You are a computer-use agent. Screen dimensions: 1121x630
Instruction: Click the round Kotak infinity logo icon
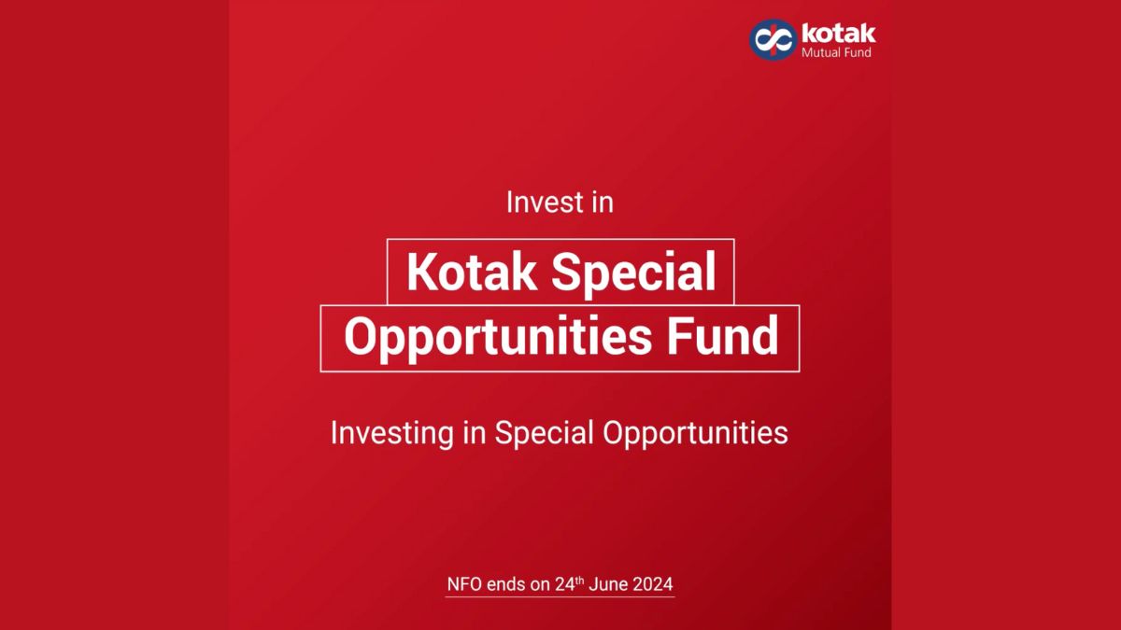coord(773,39)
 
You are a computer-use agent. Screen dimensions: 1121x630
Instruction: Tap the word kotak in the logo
coord(838,33)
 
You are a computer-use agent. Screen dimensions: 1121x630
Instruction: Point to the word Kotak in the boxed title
coord(472,272)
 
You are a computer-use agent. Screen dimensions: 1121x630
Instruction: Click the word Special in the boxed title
coord(633,273)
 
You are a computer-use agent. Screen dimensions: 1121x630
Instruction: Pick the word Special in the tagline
coord(544,433)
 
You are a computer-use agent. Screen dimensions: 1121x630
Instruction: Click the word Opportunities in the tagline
coord(695,433)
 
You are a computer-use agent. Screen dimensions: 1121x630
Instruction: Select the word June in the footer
coord(607,584)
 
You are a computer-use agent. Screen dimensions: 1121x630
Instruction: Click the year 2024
coord(652,584)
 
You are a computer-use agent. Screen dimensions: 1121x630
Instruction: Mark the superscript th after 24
coord(579,581)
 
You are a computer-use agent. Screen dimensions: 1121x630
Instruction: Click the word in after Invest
coord(603,203)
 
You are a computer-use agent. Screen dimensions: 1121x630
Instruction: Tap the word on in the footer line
coord(539,585)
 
